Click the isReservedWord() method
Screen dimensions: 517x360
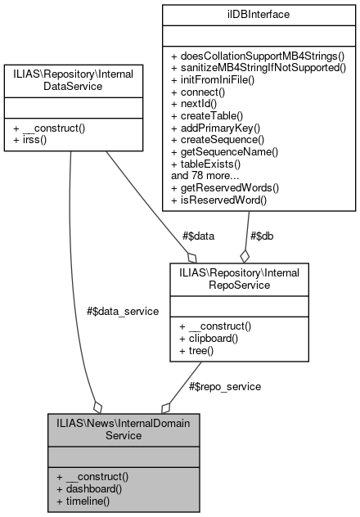click(221, 197)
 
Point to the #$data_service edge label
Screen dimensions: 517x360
click(122, 311)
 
